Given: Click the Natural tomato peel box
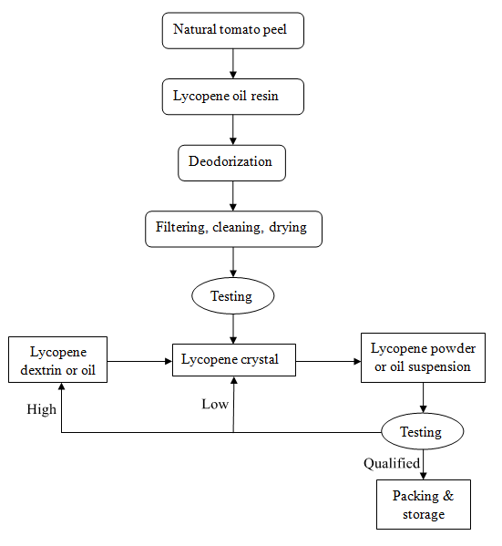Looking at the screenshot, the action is [x=233, y=31].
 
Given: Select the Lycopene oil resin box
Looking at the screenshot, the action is [x=233, y=97].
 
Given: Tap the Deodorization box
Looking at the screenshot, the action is [x=231, y=163].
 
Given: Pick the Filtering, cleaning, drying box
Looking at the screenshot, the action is [x=233, y=229].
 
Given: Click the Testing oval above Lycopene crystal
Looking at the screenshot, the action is [x=233, y=295].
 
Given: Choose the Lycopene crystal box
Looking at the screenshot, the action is [x=234, y=360].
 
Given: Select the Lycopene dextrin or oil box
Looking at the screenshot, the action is [x=57, y=359].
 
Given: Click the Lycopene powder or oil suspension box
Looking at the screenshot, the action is [x=423, y=357].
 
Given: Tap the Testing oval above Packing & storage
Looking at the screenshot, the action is [x=423, y=431].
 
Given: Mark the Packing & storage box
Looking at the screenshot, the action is [x=424, y=505].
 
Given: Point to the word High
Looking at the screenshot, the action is [x=41, y=409].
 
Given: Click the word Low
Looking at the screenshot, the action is [x=215, y=404].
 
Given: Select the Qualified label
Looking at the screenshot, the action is [x=392, y=463].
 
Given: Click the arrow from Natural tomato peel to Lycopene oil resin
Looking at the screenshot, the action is [x=233, y=64].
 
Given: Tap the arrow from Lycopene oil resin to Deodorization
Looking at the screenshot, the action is [x=233, y=129].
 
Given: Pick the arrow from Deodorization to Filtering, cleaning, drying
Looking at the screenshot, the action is [x=233, y=196].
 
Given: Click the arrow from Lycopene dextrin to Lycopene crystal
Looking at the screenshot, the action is [x=139, y=362].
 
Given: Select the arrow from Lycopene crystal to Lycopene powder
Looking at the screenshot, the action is [x=328, y=362].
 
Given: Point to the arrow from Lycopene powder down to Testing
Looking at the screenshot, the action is [x=424, y=397].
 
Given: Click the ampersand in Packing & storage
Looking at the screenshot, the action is [x=448, y=496].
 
